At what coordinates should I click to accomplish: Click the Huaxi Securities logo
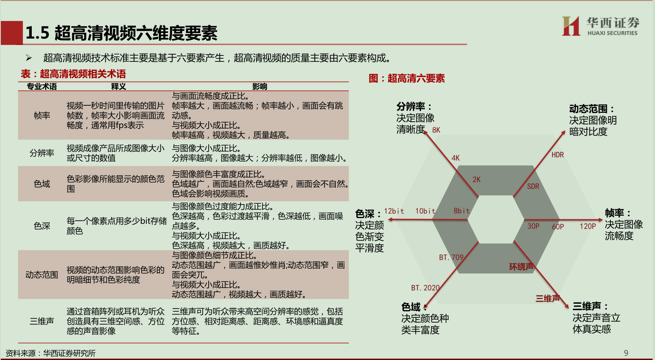(x=600, y=26)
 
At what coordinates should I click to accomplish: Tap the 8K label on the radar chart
(x=436, y=130)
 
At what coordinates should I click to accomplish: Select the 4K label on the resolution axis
(x=455, y=158)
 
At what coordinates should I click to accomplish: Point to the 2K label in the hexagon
(x=476, y=180)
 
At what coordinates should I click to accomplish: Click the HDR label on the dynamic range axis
(x=557, y=155)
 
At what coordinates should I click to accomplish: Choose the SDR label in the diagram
(x=533, y=186)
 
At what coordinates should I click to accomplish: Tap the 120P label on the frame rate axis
(x=587, y=227)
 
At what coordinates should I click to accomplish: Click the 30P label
(x=533, y=227)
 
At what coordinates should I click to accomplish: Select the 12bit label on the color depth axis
(x=394, y=211)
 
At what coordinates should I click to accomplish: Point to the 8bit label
(x=461, y=211)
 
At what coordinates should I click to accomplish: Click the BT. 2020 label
(x=425, y=288)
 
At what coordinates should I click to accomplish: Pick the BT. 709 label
(x=451, y=258)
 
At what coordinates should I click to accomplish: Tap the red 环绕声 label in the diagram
(x=521, y=267)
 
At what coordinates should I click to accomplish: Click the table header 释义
(x=119, y=86)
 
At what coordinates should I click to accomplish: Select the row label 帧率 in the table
(x=42, y=116)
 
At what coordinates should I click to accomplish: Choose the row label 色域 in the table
(x=42, y=184)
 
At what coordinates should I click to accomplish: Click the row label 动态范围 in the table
(x=42, y=275)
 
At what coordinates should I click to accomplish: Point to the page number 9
(x=626, y=353)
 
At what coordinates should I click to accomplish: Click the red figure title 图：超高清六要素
(x=407, y=78)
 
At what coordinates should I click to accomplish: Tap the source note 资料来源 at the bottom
(x=51, y=354)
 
